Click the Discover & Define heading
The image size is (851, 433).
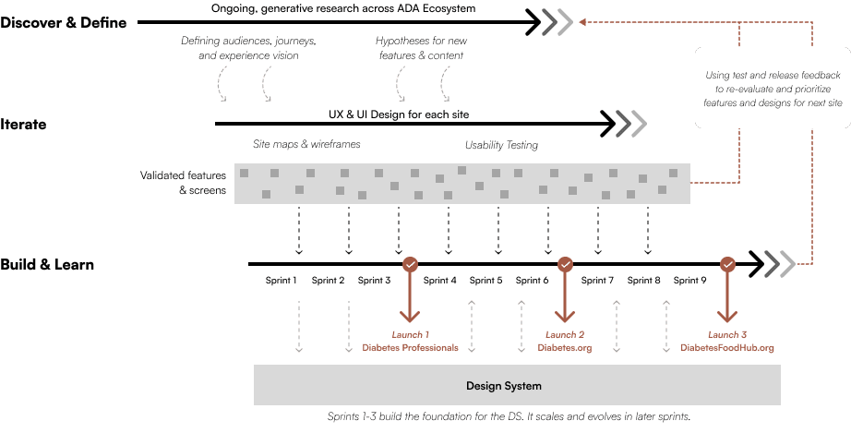click(64, 22)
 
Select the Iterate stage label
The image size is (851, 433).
click(24, 124)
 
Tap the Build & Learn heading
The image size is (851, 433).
click(47, 265)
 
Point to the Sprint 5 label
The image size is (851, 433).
click(485, 281)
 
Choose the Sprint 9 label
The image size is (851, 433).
click(690, 281)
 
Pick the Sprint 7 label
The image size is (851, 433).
click(598, 281)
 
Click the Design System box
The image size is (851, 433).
click(517, 385)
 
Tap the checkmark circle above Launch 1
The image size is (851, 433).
click(411, 264)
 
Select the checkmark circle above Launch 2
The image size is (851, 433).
click(565, 264)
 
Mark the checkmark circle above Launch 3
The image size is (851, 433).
click(728, 264)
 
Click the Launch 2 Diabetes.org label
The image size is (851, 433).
click(565, 341)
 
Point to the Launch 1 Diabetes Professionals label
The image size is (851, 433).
click(411, 341)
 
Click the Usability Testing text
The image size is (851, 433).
click(501, 145)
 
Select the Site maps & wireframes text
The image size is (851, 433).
click(306, 145)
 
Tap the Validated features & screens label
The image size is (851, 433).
click(183, 182)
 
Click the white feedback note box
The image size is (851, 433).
click(773, 90)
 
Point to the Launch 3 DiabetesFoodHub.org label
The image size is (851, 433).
click(728, 341)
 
